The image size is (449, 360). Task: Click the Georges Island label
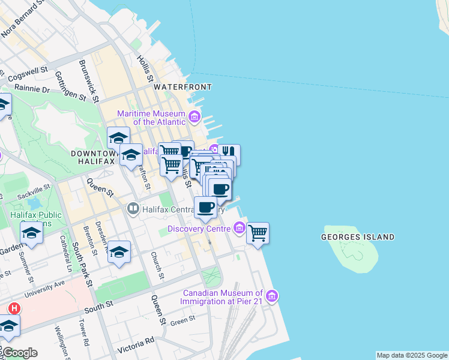[x=358, y=237]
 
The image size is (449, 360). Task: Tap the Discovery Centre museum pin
[x=239, y=228]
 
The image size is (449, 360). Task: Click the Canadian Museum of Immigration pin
[x=272, y=296]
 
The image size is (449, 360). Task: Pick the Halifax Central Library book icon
[x=133, y=209]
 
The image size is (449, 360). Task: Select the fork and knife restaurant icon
[x=228, y=154]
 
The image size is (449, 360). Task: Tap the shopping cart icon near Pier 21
[x=258, y=233]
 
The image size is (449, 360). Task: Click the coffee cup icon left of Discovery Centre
[x=205, y=207]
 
